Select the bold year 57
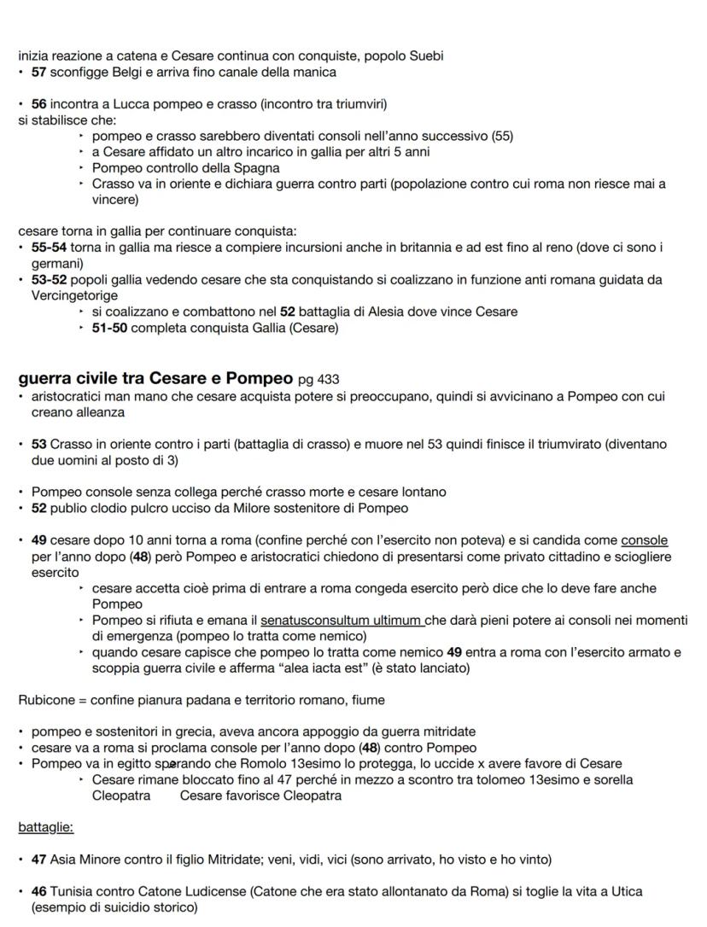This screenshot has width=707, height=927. (x=38, y=72)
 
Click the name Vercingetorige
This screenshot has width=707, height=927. (x=73, y=295)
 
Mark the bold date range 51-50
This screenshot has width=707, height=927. (x=109, y=328)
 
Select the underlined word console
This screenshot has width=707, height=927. (x=644, y=540)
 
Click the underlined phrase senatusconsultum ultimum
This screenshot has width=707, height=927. (x=341, y=621)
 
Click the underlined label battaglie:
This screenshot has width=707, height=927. (x=45, y=827)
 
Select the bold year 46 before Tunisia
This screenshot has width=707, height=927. (x=38, y=891)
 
